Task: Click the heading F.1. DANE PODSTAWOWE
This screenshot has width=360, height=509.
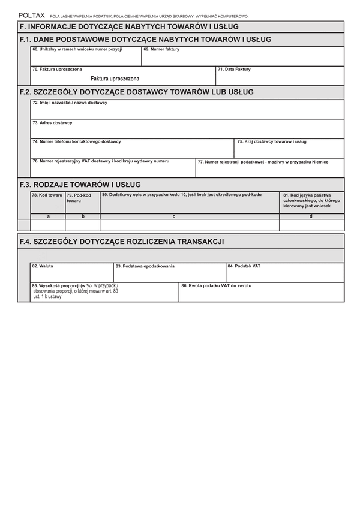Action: [145, 40]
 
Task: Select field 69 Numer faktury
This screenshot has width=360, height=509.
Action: [242, 56]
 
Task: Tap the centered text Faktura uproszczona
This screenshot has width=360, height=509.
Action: [115, 79]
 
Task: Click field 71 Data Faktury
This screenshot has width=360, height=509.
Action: [280, 76]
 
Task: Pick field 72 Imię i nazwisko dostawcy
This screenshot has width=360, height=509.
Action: [187, 110]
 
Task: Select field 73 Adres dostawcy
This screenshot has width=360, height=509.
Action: [187, 129]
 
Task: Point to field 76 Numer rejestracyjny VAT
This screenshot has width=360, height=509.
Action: [113, 168]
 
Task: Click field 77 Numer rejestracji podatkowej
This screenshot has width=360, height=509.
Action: [270, 168]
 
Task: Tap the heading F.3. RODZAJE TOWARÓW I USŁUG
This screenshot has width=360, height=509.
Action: [80, 185]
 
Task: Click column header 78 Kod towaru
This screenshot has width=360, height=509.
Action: [47, 195]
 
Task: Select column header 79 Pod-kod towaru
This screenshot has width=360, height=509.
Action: [82, 198]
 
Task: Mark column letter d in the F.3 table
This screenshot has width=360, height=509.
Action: [311, 216]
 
